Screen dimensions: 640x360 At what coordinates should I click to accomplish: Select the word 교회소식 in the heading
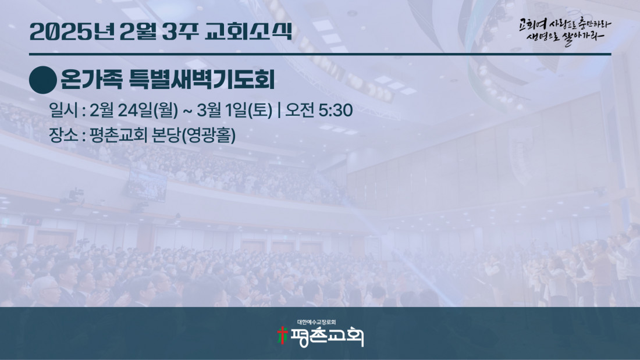[248, 31]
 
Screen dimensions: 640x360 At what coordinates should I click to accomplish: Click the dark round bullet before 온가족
[43, 80]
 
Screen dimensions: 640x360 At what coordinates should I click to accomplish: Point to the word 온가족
[91, 80]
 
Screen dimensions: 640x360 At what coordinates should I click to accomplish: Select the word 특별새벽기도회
[202, 80]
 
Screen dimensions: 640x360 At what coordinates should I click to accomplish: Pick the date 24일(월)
[148, 110]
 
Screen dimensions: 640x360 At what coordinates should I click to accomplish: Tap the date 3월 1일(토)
[234, 110]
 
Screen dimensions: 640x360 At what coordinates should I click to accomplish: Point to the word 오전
[300, 110]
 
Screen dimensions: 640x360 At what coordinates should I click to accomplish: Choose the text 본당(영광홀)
[194, 135]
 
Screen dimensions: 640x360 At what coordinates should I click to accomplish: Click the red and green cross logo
[282, 336]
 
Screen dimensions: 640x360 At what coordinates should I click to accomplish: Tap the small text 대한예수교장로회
[317, 322]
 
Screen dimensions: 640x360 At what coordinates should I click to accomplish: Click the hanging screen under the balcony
[147, 185]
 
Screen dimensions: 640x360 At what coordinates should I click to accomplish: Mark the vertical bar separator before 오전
[279, 110]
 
